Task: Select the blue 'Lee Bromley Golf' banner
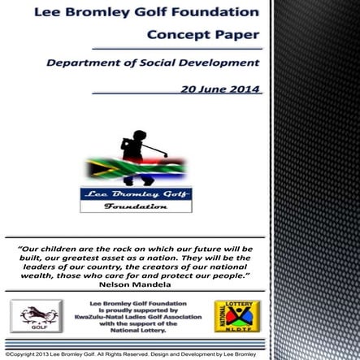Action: click(136, 194)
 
